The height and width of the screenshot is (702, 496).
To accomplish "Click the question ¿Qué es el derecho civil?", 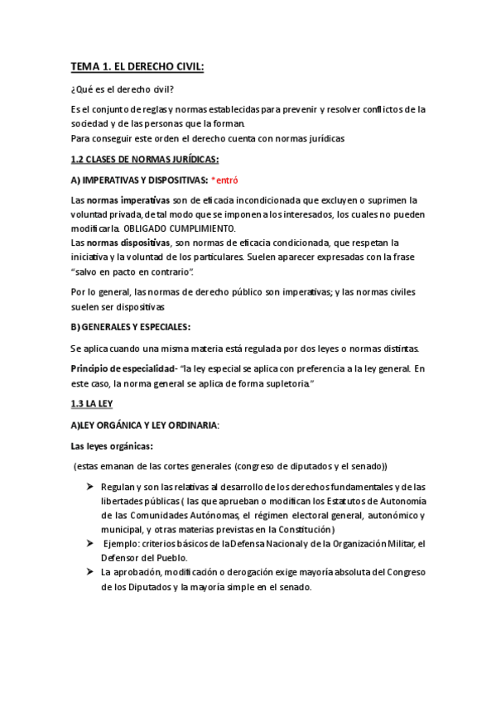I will click(123, 90).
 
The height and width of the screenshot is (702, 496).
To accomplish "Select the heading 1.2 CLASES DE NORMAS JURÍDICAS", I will click(145, 158).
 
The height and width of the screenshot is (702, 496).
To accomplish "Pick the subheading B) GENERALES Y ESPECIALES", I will click(131, 326).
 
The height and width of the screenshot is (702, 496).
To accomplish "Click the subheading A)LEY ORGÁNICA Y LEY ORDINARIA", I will click(145, 426).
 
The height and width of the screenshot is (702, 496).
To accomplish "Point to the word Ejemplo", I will click(121, 544).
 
